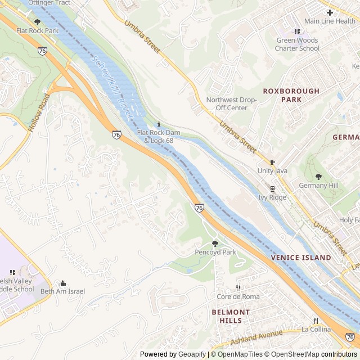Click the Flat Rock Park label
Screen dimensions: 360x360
[x=37, y=30]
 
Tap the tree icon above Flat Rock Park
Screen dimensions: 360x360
[x=37, y=22]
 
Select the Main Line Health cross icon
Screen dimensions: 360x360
[x=330, y=12]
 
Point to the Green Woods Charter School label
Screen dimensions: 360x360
[x=297, y=44]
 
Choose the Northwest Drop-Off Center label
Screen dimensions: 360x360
[x=231, y=103]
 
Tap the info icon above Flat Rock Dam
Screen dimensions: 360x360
[x=159, y=124]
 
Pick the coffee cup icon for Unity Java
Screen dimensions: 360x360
[x=273, y=162]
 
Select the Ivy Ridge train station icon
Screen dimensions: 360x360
[x=272, y=189]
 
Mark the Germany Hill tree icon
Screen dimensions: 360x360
[x=318, y=177]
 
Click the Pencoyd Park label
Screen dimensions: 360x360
[x=215, y=253]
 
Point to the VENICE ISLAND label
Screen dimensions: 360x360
[x=301, y=257]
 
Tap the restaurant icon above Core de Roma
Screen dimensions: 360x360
[x=238, y=288]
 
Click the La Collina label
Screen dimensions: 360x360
[x=315, y=329]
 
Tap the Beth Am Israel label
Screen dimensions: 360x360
[x=62, y=291]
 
